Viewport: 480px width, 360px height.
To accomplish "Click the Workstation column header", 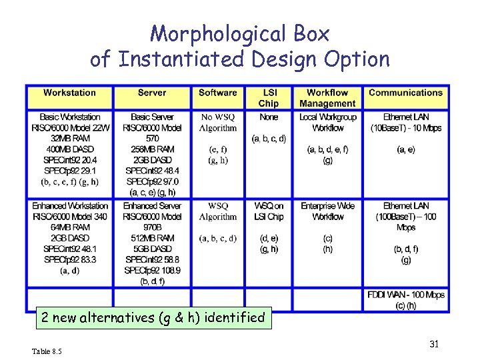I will tap(69, 93).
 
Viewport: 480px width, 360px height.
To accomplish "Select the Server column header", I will tap(152, 93).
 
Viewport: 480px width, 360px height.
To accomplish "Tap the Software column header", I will tap(217, 93).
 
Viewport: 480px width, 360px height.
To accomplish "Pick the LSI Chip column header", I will tap(269, 98).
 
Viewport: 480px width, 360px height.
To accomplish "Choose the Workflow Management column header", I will tap(327, 98).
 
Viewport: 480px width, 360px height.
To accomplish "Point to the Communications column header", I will tap(405, 93).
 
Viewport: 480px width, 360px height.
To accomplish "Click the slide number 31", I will tap(434, 344).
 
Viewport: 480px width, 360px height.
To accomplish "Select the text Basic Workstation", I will tap(69, 117).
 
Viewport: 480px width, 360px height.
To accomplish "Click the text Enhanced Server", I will tap(152, 206).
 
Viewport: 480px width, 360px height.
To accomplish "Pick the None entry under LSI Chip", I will tap(269, 117).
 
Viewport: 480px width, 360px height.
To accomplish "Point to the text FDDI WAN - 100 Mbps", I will tap(405, 295).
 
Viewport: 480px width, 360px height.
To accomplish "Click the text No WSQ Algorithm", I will tap(218, 123).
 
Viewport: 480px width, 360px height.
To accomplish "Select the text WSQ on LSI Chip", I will tap(269, 211).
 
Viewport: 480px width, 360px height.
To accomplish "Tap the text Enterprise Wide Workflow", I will tap(327, 211).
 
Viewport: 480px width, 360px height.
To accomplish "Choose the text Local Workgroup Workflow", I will tap(327, 123).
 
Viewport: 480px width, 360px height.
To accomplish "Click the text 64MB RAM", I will tap(69, 227).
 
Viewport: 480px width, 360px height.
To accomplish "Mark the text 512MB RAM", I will tap(152, 238).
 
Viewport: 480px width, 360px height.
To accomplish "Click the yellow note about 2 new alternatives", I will tap(153, 317).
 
